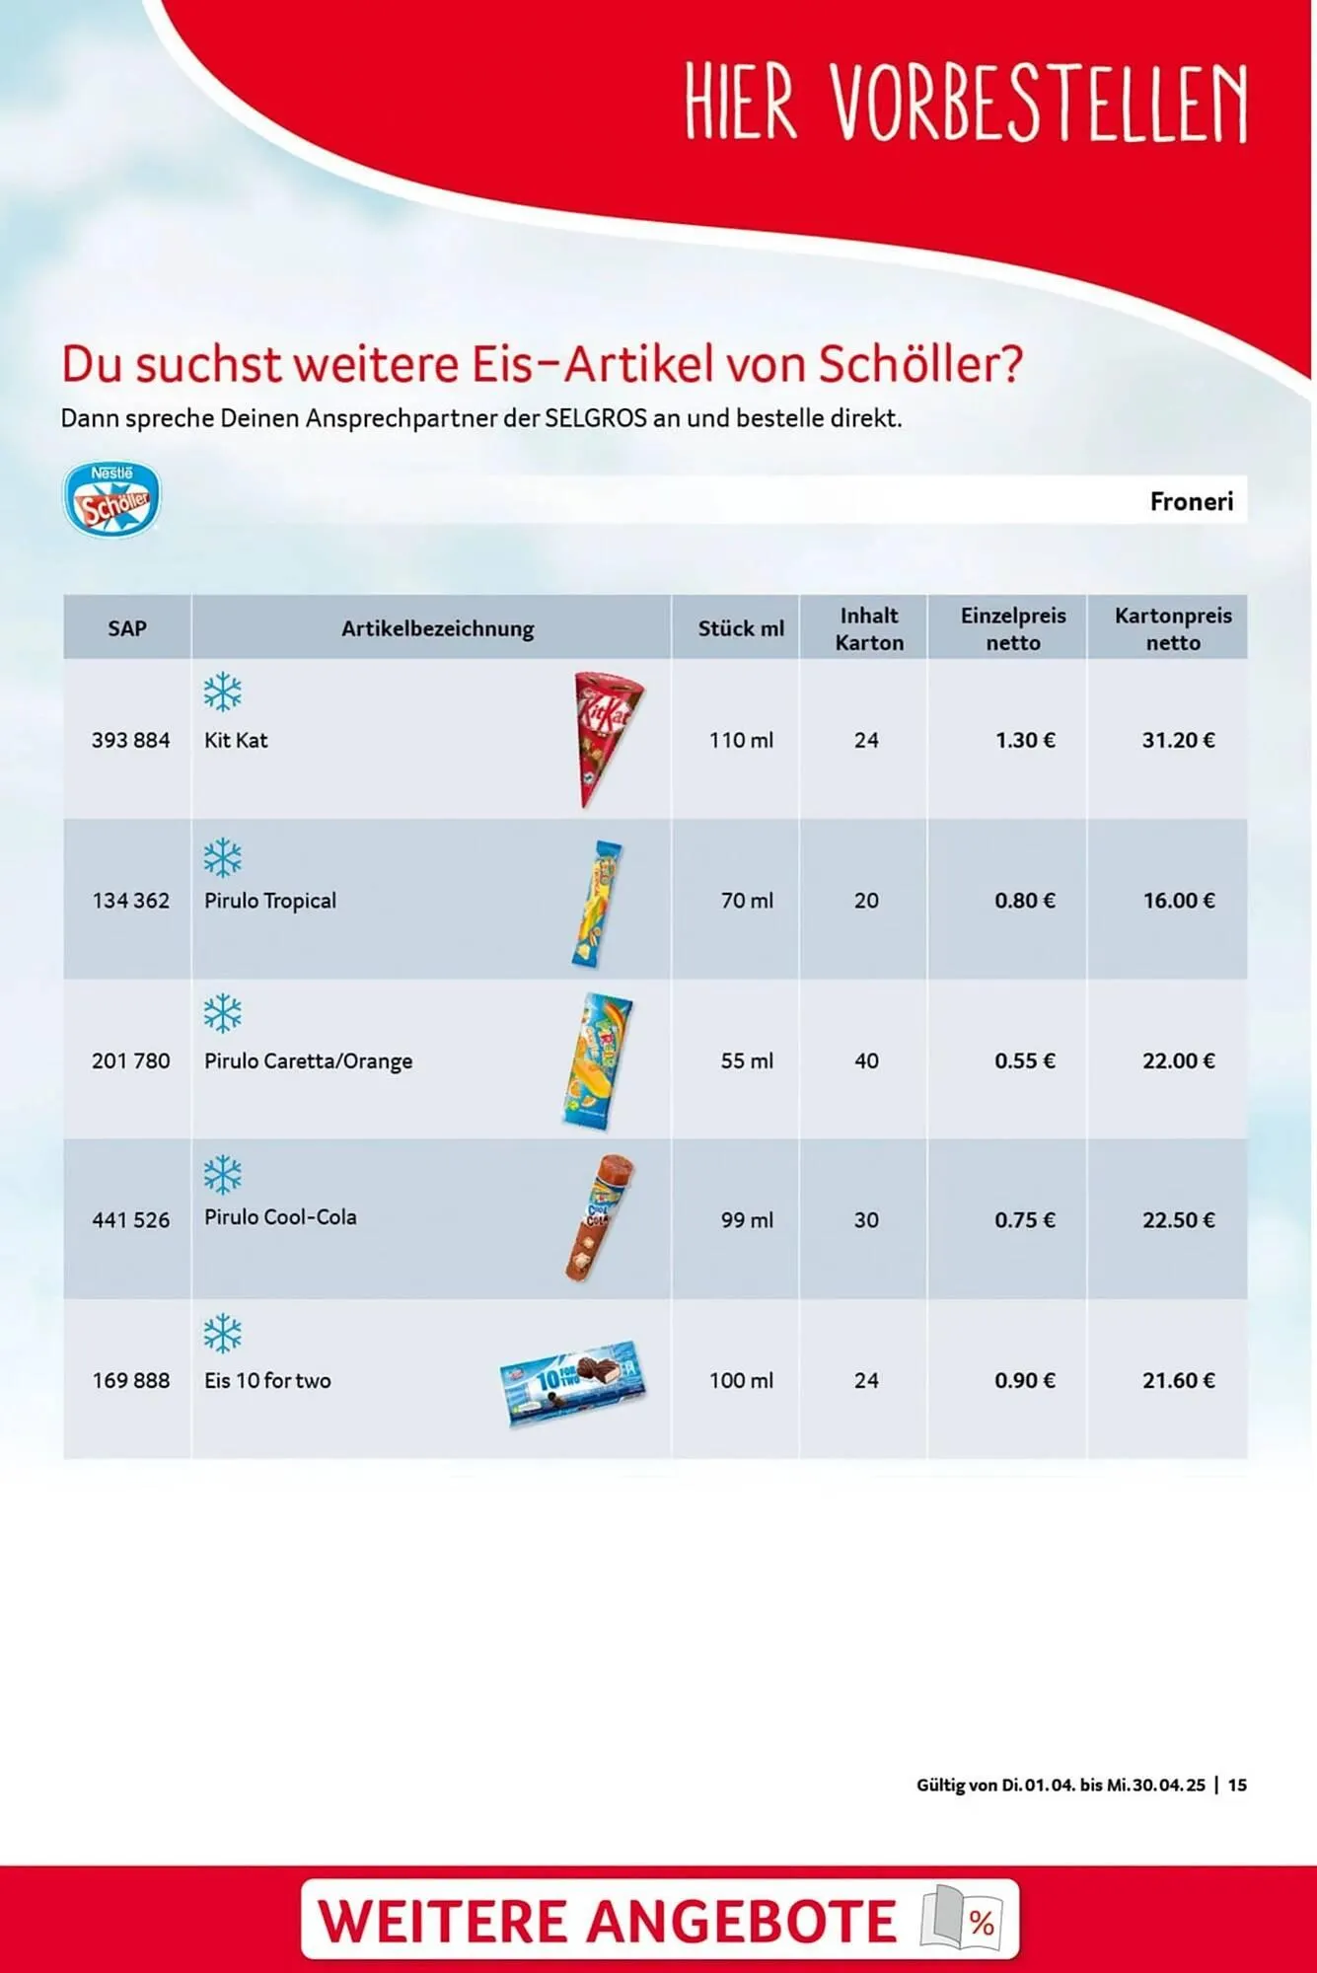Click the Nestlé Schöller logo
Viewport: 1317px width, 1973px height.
click(111, 499)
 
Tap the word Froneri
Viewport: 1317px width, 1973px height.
click(1191, 501)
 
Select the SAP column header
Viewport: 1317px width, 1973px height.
click(127, 628)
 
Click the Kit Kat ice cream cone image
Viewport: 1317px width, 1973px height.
click(605, 739)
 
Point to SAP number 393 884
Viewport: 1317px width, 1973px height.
click(130, 740)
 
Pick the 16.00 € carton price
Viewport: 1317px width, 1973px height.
click(1178, 901)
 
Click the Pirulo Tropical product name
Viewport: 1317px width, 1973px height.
click(269, 901)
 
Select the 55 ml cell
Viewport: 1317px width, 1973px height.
click(747, 1060)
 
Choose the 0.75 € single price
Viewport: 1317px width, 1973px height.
click(1024, 1220)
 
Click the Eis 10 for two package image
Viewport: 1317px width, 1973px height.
click(573, 1381)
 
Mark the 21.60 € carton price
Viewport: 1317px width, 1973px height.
click(1178, 1380)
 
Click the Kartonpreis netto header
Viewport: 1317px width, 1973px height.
click(1172, 628)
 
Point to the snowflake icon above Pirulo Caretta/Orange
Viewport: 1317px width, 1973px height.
click(223, 1014)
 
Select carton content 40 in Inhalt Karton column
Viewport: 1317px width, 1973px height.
click(866, 1060)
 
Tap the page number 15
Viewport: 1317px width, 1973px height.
click(1237, 1785)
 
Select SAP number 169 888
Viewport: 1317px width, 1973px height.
click(130, 1380)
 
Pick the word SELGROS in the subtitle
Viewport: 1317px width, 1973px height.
click(595, 418)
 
